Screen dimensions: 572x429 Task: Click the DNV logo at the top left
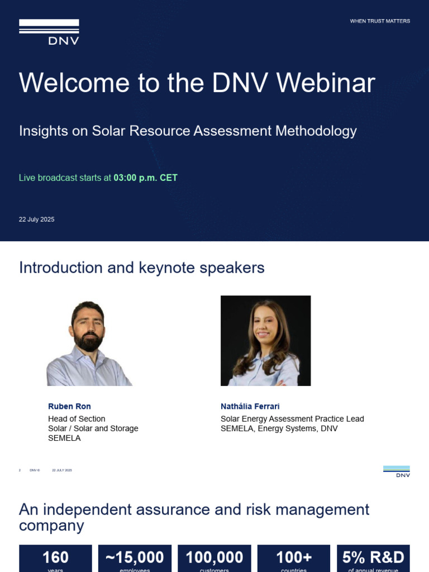tap(49, 32)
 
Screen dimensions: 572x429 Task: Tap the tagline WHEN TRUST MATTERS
tap(380, 21)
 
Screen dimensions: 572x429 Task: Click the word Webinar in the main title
tap(326, 83)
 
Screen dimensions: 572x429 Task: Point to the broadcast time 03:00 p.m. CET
tap(145, 178)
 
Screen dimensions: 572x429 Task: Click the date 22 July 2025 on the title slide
tap(37, 220)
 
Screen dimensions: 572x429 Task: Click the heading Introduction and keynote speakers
tap(142, 268)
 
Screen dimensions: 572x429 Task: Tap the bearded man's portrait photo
tap(89, 342)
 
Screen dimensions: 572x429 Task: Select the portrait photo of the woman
tap(265, 341)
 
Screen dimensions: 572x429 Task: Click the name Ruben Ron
tap(69, 406)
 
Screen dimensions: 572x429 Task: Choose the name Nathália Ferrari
tap(250, 406)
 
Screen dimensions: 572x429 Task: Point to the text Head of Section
tap(77, 418)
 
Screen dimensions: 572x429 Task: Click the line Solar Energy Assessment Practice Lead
tap(292, 418)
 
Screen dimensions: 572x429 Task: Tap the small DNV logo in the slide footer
tap(397, 471)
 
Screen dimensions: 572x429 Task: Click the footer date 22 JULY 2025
tap(62, 470)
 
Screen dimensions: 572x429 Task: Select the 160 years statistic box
tap(55, 558)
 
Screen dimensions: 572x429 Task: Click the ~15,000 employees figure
tap(135, 557)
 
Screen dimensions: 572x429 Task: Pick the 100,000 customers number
tap(214, 557)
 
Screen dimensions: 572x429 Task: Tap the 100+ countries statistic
tap(294, 557)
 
